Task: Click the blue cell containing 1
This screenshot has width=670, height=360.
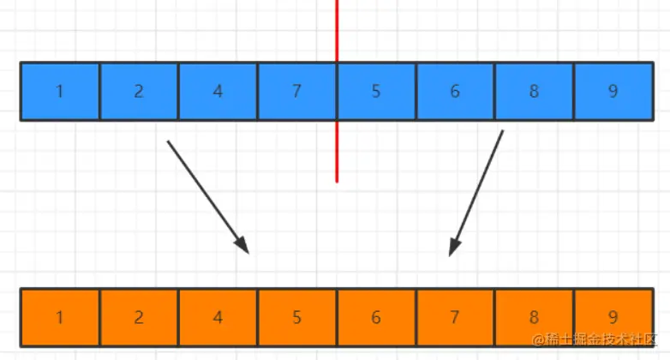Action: [60, 91]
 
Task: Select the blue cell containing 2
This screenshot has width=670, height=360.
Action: [139, 91]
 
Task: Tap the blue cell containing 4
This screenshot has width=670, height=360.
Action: [218, 91]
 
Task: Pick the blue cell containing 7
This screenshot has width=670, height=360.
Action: [296, 91]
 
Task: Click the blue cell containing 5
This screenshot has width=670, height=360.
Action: [376, 91]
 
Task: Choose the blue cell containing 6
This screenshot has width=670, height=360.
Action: [455, 91]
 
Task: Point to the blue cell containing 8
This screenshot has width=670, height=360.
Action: [534, 91]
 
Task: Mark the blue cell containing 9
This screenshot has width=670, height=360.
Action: [613, 91]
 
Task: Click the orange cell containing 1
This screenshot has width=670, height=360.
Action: [60, 317]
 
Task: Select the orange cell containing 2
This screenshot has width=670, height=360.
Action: [139, 317]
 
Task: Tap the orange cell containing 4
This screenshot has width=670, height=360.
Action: [218, 317]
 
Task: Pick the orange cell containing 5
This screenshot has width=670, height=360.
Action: [296, 317]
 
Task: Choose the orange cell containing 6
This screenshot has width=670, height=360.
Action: [376, 317]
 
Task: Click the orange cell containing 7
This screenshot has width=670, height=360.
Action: [455, 317]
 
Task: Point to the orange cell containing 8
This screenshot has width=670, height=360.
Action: [534, 317]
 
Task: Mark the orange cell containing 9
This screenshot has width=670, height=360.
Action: [613, 317]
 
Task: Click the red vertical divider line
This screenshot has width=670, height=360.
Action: [337, 154]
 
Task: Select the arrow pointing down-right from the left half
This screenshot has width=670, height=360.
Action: [207, 196]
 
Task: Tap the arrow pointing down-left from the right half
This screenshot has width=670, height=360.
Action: [476, 193]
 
